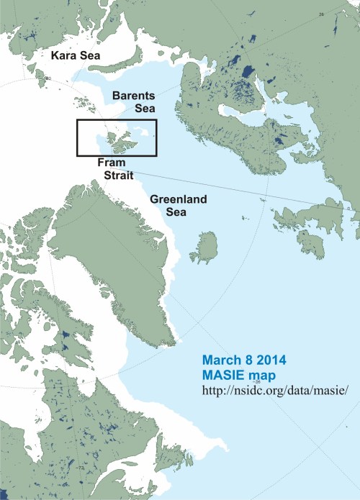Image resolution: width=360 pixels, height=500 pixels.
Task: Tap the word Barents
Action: (129, 94)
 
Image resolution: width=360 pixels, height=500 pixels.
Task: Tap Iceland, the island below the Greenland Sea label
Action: (205, 248)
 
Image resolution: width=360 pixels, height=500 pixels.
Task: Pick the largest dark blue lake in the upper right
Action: (247, 72)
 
